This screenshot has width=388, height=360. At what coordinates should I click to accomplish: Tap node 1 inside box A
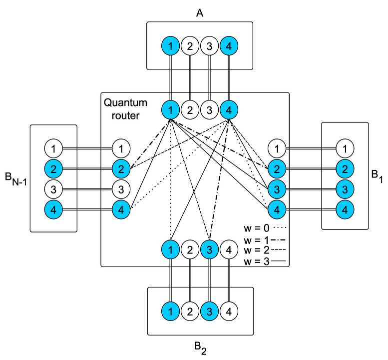pyautogui.click(x=171, y=47)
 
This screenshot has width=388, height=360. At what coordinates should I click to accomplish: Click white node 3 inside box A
pyautogui.click(x=209, y=47)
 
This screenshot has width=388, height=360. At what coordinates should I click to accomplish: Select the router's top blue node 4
pyautogui.click(x=228, y=109)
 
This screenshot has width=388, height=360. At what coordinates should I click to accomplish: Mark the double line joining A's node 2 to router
pyautogui.click(x=190, y=78)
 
